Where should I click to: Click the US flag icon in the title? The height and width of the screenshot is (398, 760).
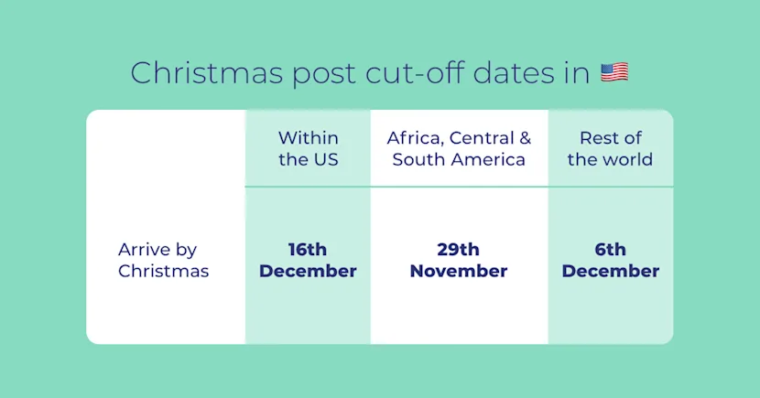pos(613,73)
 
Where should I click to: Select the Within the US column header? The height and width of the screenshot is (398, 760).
pos(308,148)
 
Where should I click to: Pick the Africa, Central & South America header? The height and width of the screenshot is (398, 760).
pos(459,148)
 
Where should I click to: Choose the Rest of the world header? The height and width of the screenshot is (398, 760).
pos(610,148)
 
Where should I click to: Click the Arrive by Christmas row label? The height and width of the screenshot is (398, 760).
pos(163,261)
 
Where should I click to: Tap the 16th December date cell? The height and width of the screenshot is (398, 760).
pos(308,261)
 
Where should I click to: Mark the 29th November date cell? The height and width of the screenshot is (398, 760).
pos(459,261)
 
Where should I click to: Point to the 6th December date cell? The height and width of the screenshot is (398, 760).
pos(610,261)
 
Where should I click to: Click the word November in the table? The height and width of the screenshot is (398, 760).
pos(459,272)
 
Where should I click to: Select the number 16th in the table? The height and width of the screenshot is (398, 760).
pos(308,250)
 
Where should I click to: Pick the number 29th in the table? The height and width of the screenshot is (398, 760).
pos(459,250)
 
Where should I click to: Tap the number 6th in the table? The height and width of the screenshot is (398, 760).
pos(610,250)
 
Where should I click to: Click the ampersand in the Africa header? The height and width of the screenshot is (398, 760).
pos(525,138)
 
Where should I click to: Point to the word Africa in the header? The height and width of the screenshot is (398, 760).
pos(412,138)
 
